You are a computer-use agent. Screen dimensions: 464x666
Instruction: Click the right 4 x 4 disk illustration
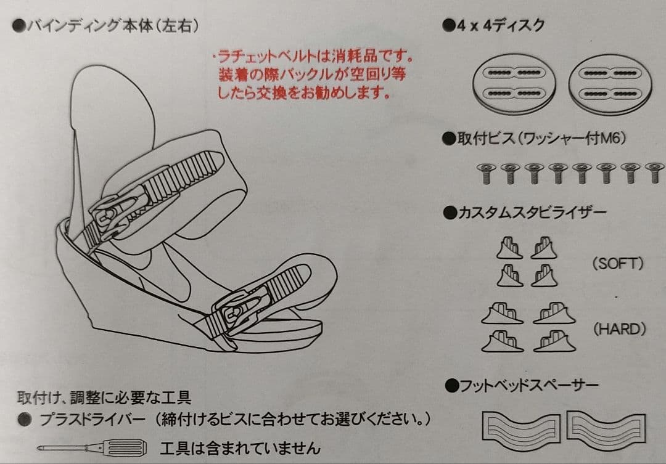(607, 83)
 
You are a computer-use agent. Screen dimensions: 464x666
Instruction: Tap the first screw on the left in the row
(485, 173)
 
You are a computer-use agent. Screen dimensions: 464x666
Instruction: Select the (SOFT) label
(617, 264)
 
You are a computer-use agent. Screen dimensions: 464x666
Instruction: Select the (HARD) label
(619, 329)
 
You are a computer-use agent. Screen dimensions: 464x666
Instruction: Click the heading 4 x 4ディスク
(494, 25)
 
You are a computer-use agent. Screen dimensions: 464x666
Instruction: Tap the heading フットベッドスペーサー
(521, 386)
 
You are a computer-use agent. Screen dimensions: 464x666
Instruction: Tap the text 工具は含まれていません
(240, 447)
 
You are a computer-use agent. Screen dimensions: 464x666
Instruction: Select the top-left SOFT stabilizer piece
(509, 249)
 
